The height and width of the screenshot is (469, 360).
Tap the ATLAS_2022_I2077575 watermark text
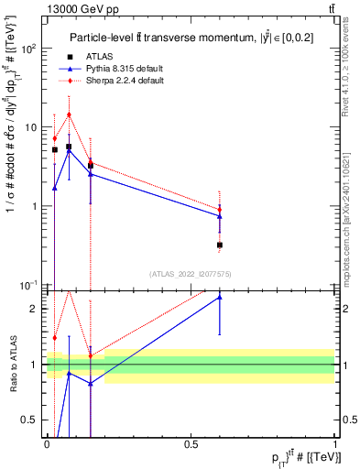191,274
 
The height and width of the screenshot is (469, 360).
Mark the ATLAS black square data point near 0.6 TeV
220,245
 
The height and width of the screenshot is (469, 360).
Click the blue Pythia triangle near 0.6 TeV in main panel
220,216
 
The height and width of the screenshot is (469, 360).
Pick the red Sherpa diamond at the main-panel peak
69,115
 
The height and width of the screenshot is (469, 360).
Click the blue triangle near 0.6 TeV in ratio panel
220,297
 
